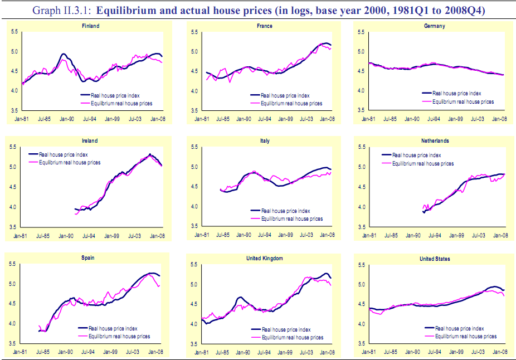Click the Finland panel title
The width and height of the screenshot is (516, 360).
[x=91, y=26]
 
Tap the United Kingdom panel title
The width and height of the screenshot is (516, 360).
[x=265, y=259]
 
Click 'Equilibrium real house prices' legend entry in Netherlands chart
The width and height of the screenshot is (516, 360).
[x=422, y=163]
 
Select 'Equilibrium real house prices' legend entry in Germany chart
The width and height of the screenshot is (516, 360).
[x=463, y=101]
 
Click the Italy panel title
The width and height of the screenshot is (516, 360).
[x=265, y=142]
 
